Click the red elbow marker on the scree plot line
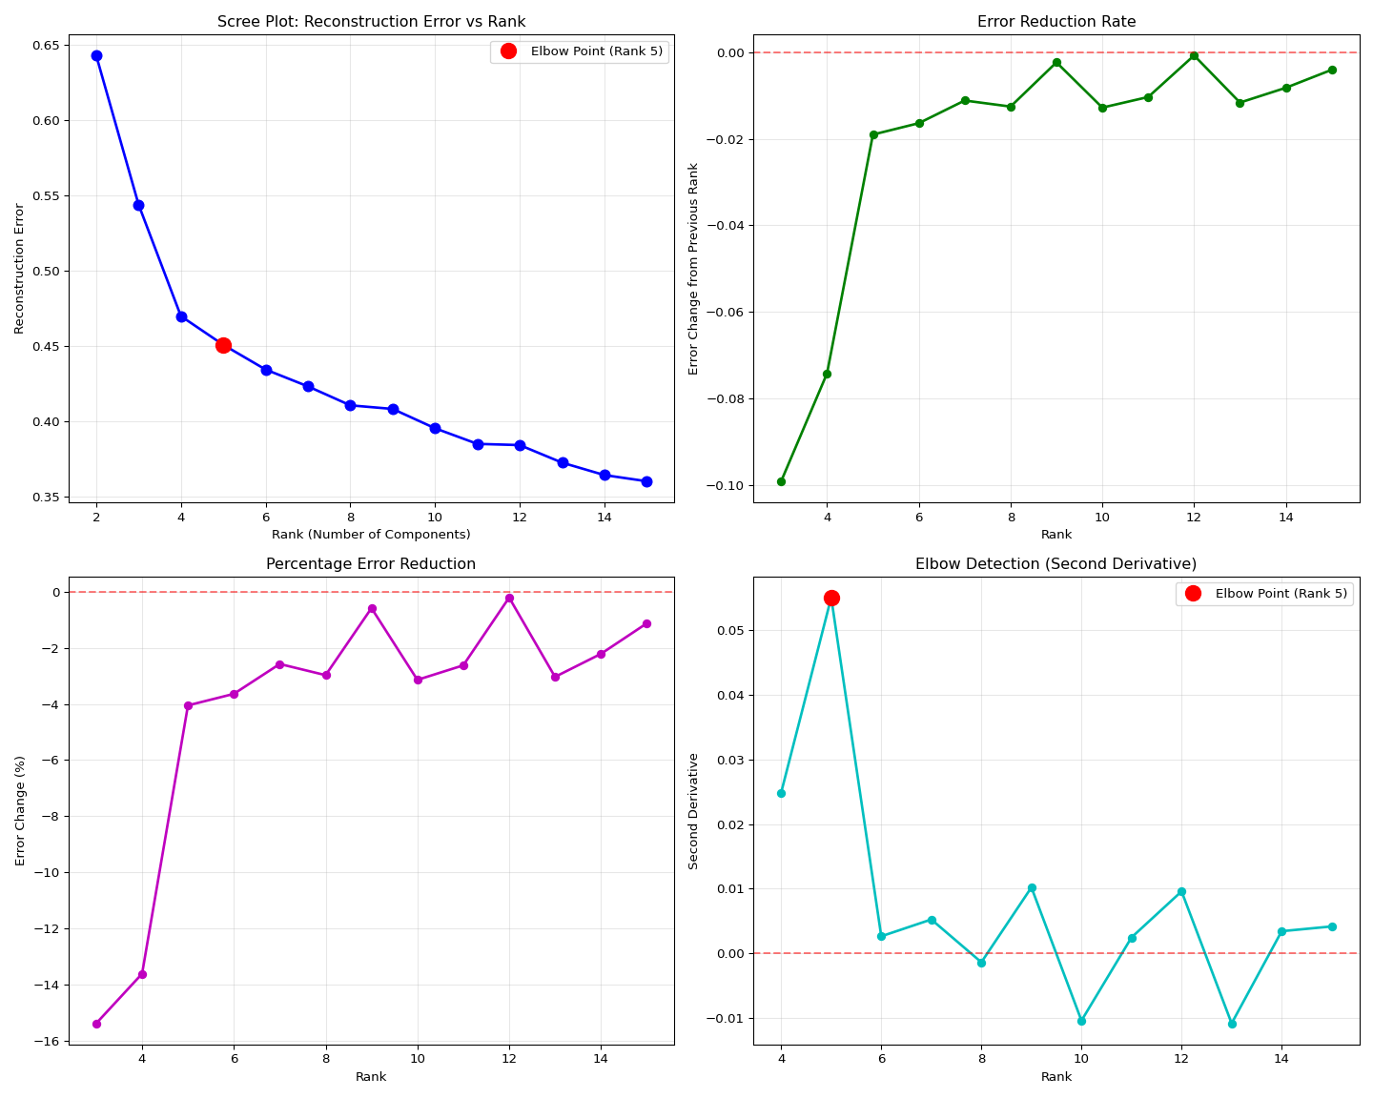click(x=223, y=345)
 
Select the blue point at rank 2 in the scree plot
click(x=96, y=55)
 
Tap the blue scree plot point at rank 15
click(x=646, y=481)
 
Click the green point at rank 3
click(x=781, y=481)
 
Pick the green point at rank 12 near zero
click(x=1194, y=56)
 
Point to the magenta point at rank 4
click(x=142, y=974)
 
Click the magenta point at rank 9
click(x=372, y=608)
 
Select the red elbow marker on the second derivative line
click(x=831, y=598)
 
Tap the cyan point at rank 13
click(x=1232, y=1024)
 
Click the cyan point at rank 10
click(x=1081, y=1021)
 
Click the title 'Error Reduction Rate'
click(x=1056, y=22)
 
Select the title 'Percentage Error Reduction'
click(x=371, y=564)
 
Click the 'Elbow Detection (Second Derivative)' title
click(x=1056, y=564)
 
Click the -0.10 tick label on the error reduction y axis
click(x=722, y=486)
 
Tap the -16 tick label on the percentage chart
click(x=48, y=1041)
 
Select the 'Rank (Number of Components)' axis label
click(x=371, y=535)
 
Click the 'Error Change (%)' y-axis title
click(x=21, y=810)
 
